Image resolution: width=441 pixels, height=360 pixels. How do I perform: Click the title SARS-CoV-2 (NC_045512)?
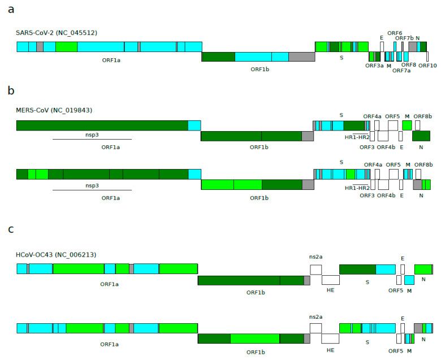(57, 33)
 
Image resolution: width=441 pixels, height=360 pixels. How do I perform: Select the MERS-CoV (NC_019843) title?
(54, 110)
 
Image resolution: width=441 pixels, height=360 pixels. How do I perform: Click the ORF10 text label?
(427, 66)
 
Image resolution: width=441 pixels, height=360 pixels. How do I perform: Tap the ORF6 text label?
(395, 33)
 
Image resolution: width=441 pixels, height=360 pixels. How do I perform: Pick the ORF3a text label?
(374, 66)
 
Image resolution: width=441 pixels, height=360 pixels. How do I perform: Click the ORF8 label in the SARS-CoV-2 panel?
(408, 65)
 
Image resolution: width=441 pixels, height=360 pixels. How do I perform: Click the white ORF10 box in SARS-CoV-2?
(427, 57)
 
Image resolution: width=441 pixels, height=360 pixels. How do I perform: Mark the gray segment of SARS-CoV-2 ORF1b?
(301, 57)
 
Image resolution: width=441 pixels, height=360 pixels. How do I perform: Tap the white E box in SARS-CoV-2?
(382, 46)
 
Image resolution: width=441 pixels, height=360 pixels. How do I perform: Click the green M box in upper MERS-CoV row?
(407, 125)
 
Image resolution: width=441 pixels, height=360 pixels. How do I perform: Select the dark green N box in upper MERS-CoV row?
(421, 136)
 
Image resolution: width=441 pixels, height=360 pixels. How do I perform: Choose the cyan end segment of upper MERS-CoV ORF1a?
(194, 125)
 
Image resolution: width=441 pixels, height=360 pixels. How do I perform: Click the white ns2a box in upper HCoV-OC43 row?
(315, 269)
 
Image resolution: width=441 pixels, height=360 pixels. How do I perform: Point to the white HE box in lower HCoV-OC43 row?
(330, 338)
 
